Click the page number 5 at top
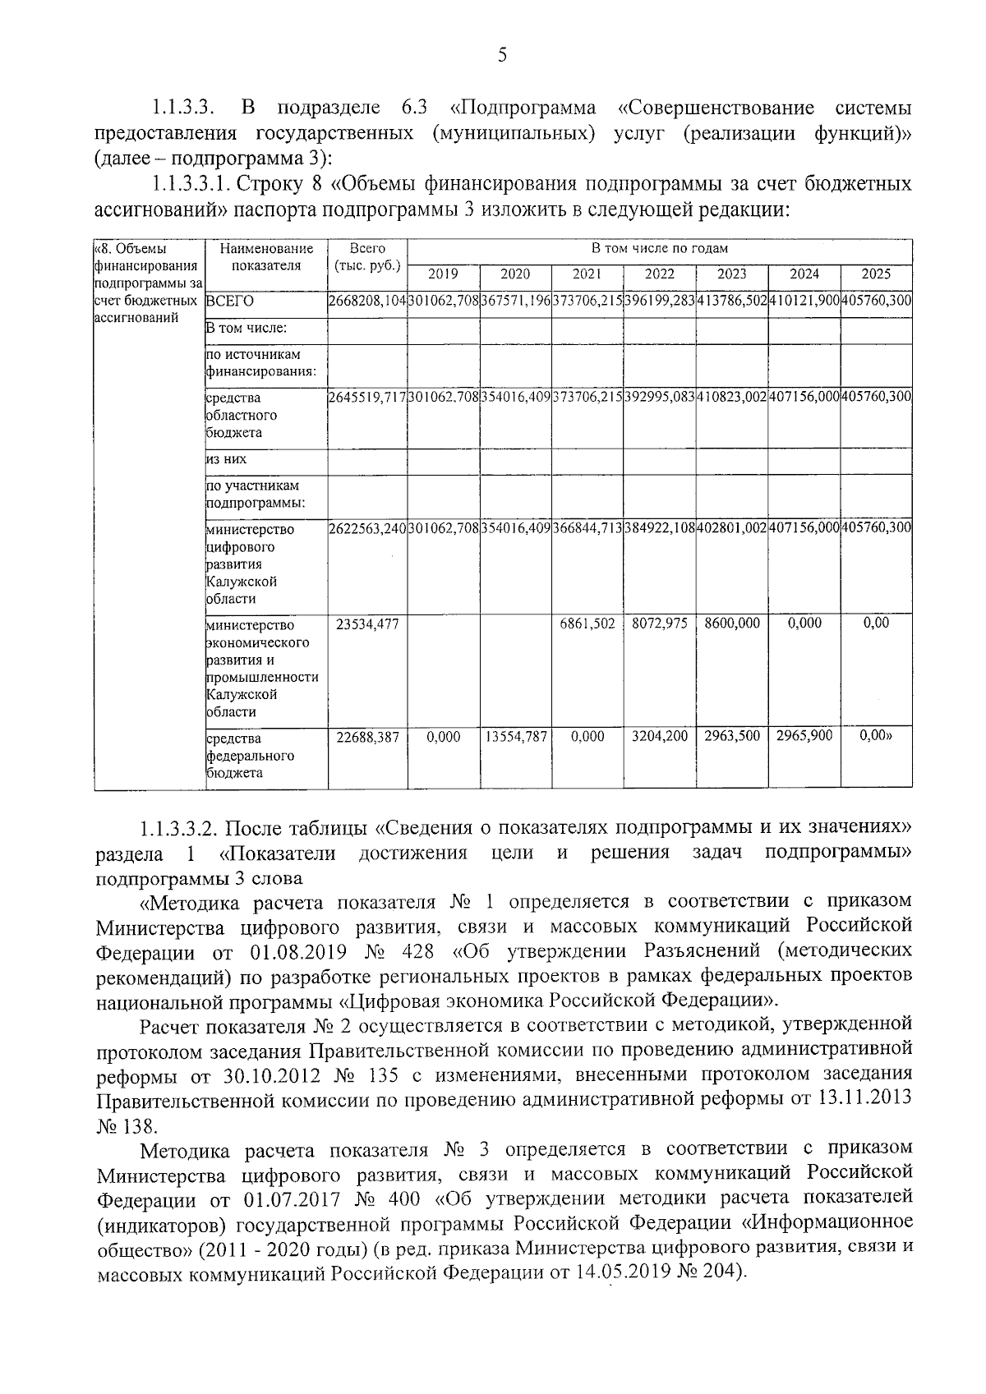coord(502,55)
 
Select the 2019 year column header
coord(443,274)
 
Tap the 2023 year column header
coord(731,274)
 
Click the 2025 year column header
coord(876,274)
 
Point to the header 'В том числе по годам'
coord(659,248)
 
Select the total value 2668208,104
coord(367,301)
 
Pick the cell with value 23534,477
coord(367,623)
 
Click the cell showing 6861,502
coord(587,623)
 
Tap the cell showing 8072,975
coord(659,623)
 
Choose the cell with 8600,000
coord(731,623)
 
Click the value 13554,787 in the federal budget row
coord(515,737)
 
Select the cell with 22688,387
coord(367,737)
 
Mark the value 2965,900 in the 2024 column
coord(804,736)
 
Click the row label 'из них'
coord(226,459)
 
